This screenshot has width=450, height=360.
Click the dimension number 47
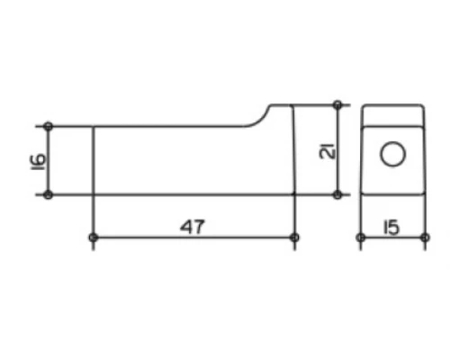tap(193, 227)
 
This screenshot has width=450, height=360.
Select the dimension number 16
tap(38, 162)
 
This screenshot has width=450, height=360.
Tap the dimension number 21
tap(328, 150)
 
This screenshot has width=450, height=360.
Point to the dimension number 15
tap(391, 227)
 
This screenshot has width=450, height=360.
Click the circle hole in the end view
tap(393, 154)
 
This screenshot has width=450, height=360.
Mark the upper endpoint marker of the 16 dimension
tap(48, 126)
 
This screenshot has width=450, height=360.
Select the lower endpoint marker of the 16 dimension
tap(48, 194)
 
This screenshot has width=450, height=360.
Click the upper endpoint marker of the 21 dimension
tap(337, 105)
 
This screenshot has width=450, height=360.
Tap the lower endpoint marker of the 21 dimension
tap(337, 194)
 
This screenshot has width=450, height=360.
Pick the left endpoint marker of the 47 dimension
tap(94, 238)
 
